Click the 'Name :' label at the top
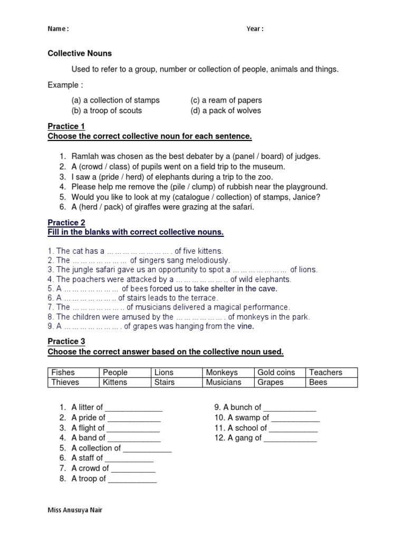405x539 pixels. click(58, 29)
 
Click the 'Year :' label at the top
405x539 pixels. click(255, 29)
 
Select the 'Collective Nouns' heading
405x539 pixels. click(80, 54)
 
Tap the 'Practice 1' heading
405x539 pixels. click(66, 126)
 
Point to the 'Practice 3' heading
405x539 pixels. click(66, 342)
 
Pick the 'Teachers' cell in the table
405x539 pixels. click(325, 373)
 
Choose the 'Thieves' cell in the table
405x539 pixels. click(65, 383)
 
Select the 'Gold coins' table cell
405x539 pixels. click(276, 373)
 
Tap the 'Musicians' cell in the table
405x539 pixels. click(224, 383)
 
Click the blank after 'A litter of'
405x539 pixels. click(133, 408)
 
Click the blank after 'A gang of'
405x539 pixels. click(290, 438)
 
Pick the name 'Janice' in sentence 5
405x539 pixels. click(307, 197)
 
